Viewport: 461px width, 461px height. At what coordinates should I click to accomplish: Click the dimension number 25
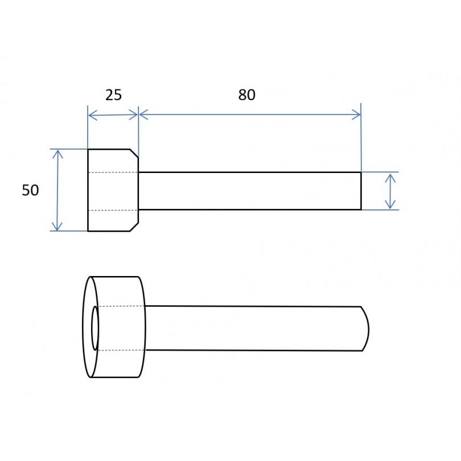[113, 95]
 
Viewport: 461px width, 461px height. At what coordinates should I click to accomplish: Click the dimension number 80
[246, 95]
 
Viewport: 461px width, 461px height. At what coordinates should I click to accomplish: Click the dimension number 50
[30, 190]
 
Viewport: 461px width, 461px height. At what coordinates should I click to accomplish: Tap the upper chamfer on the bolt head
[134, 153]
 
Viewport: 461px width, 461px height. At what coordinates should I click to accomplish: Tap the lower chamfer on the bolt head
[134, 227]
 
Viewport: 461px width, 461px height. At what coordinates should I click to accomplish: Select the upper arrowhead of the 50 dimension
[58, 154]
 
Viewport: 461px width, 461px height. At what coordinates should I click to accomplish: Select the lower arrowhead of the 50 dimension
[57, 227]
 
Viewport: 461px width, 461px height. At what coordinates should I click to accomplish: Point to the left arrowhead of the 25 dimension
[93, 115]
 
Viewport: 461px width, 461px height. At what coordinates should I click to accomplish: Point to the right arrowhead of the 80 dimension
[356, 114]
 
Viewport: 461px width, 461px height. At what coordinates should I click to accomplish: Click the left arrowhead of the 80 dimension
[144, 114]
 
